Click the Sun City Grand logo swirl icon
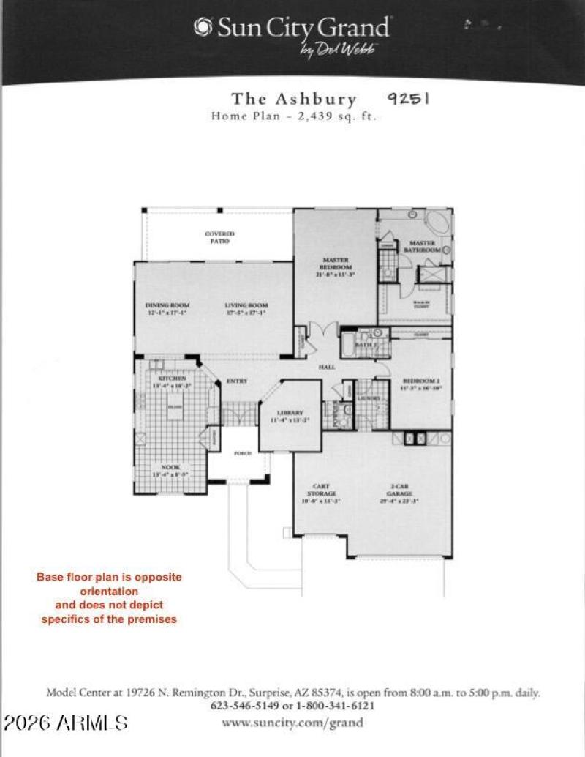pyautogui.click(x=202, y=27)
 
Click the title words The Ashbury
pyautogui.click(x=294, y=100)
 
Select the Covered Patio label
pyautogui.click(x=219, y=237)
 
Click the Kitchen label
pyautogui.click(x=172, y=380)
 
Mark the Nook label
pyautogui.click(x=170, y=471)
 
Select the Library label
pyautogui.click(x=290, y=416)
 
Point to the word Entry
pyautogui.click(x=237, y=381)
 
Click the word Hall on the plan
pyautogui.click(x=326, y=367)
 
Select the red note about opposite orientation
pyautogui.click(x=110, y=598)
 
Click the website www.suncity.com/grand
pyautogui.click(x=293, y=723)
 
